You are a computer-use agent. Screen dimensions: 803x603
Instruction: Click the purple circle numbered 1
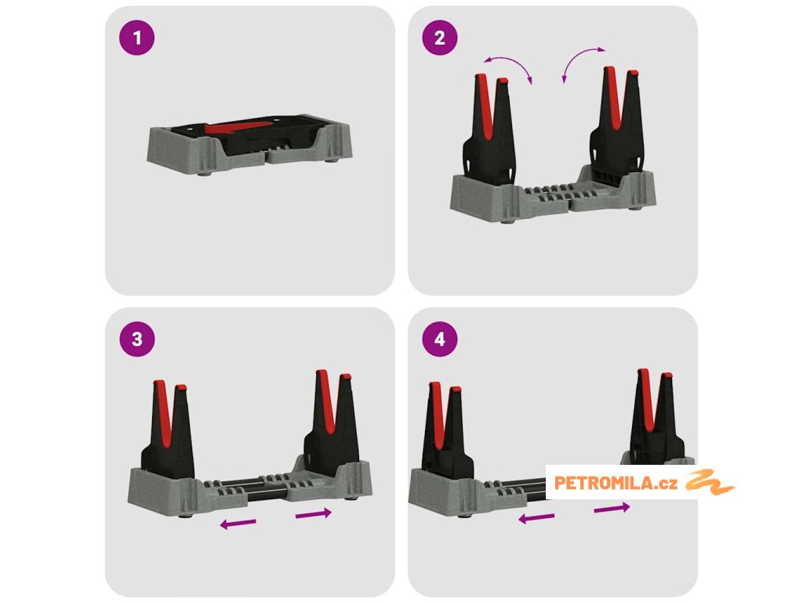pyautogui.click(x=136, y=38)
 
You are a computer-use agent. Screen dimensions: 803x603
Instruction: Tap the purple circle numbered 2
pyautogui.click(x=440, y=38)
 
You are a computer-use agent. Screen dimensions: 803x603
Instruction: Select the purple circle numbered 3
pyautogui.click(x=136, y=339)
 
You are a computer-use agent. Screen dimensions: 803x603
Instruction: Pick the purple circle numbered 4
pyautogui.click(x=440, y=339)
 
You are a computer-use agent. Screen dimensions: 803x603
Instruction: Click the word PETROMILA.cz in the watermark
pyautogui.click(x=616, y=483)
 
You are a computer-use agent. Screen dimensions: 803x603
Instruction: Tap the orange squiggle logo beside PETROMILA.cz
pyautogui.click(x=710, y=482)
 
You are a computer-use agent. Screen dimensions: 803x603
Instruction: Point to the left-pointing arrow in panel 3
pyautogui.click(x=238, y=524)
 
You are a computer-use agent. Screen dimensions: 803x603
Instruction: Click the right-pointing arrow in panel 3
pyautogui.click(x=314, y=513)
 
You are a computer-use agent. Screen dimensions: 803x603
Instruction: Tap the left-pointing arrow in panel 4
pyautogui.click(x=536, y=518)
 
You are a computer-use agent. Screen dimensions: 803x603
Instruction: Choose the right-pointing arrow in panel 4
pyautogui.click(x=612, y=508)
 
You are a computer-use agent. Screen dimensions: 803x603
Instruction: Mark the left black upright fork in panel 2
pyautogui.click(x=489, y=128)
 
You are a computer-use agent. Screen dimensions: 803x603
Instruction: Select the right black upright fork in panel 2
pyautogui.click(x=617, y=120)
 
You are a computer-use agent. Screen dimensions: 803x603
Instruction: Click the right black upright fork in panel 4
pyautogui.click(x=658, y=417)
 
